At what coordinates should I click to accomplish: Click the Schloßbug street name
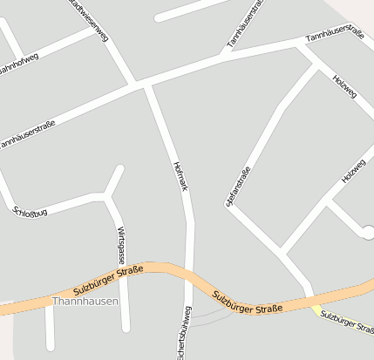coord(30,210)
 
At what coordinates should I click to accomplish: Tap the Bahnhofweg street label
coord(19,62)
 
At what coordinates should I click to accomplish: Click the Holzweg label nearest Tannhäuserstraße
coord(344,86)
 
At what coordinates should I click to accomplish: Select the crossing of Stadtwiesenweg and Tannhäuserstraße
coord(138,85)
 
